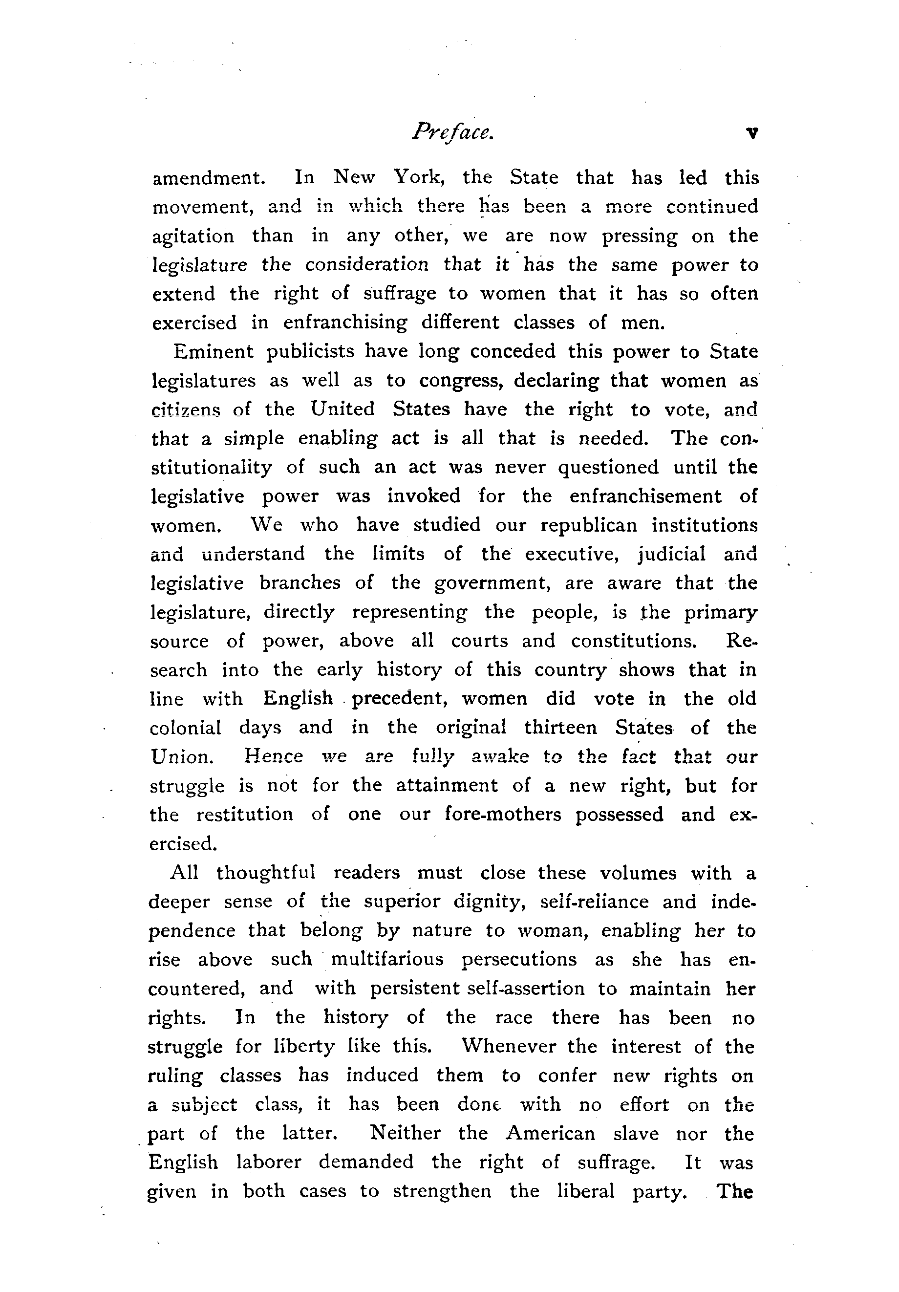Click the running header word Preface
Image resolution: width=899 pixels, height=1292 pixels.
click(x=453, y=133)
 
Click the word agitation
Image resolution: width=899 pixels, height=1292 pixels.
click(x=193, y=237)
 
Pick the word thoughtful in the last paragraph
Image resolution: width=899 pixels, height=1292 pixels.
click(x=265, y=873)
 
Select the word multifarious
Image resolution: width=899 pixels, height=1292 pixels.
click(x=387, y=959)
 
